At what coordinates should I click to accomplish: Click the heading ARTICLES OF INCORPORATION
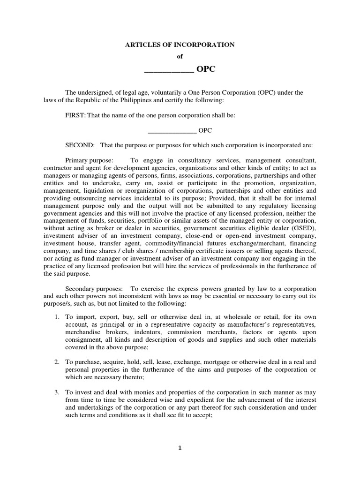[180, 45]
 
